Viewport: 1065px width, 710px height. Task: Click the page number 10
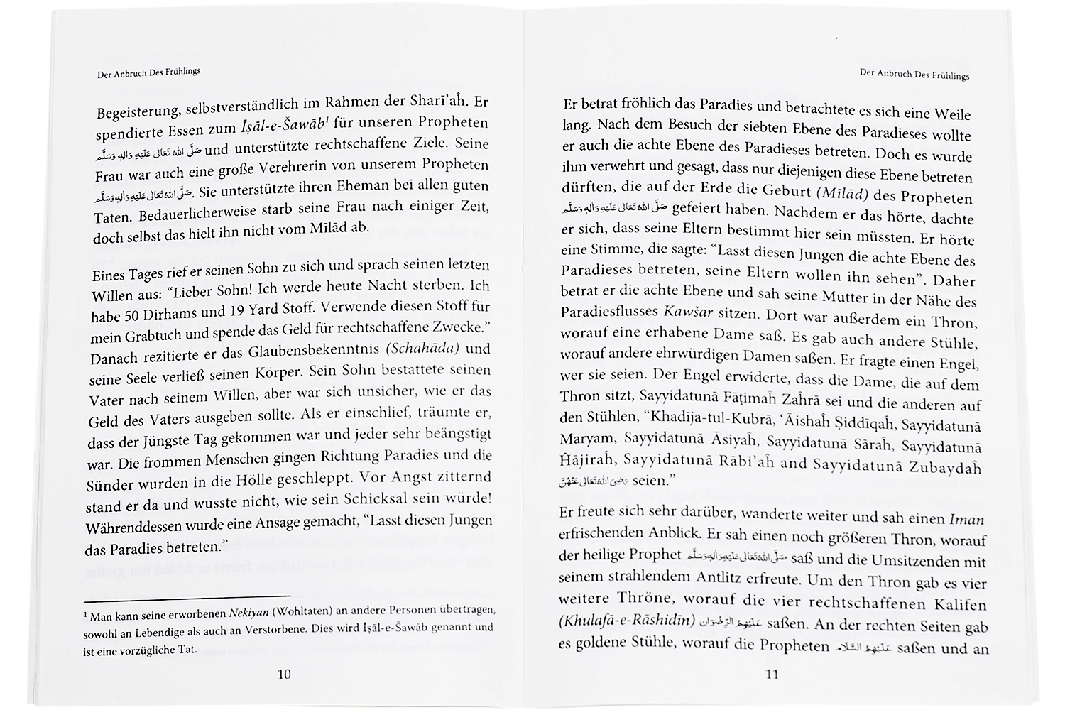pos(283,674)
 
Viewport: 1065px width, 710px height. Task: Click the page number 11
pos(773,675)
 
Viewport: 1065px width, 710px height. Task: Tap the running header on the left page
pos(149,73)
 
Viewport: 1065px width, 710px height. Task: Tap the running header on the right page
pos(914,74)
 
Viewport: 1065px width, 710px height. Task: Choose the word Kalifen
pos(959,605)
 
